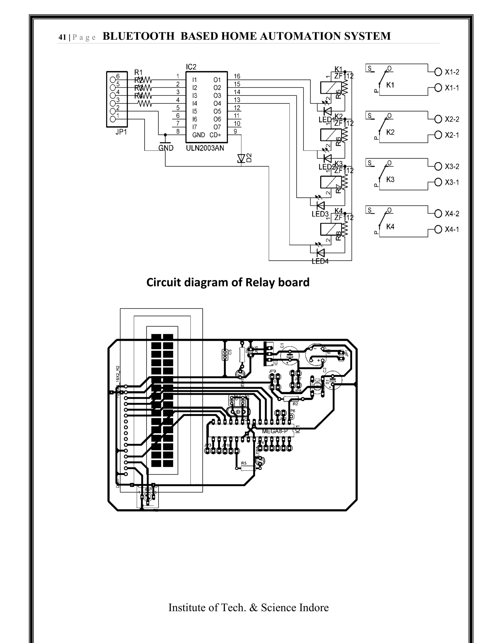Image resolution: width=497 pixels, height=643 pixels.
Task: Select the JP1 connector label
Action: click(x=121, y=132)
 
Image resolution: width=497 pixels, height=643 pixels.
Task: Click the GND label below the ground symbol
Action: click(x=166, y=148)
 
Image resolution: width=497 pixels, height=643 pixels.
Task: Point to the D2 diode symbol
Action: click(x=241, y=158)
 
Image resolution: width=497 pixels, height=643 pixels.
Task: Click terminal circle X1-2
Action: click(x=438, y=72)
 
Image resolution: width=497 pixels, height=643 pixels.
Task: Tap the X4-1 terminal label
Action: click(x=452, y=230)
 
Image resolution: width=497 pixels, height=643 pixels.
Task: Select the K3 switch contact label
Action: click(x=390, y=180)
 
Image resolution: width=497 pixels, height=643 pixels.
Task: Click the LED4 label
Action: click(x=320, y=261)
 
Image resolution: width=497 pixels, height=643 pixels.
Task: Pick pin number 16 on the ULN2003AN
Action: click(x=237, y=76)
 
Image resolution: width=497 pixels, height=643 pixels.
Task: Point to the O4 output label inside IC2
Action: click(x=217, y=104)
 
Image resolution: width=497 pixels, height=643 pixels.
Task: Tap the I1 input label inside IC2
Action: click(x=195, y=80)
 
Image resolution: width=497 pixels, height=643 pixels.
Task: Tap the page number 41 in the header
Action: click(x=62, y=37)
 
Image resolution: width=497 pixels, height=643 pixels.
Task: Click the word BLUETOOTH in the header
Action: click(x=139, y=36)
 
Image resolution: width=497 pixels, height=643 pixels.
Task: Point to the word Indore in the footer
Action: click(x=314, y=607)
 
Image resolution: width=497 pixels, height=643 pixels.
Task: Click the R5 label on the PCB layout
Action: click(x=244, y=463)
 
